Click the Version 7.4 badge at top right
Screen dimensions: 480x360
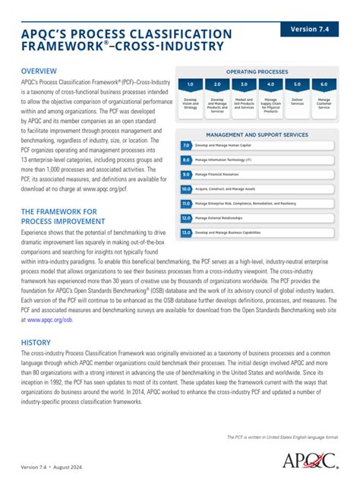coord(314,29)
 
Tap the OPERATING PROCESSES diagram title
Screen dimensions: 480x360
coord(257,70)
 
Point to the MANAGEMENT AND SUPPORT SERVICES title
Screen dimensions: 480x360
coord(257,133)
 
